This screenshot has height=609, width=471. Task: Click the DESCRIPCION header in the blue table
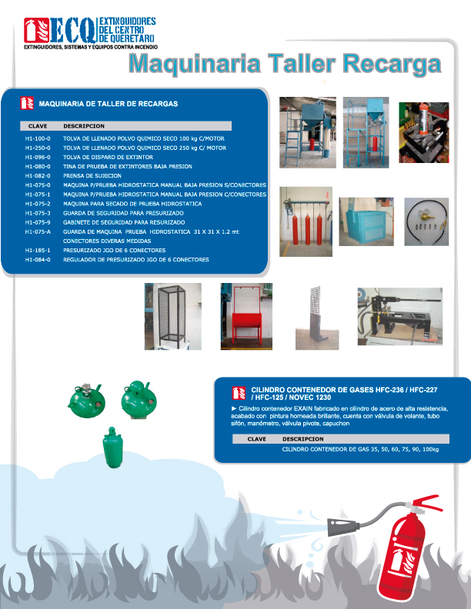[x=84, y=125]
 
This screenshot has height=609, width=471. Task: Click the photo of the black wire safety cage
[x=173, y=317]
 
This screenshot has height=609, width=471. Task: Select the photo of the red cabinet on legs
[x=246, y=316]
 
